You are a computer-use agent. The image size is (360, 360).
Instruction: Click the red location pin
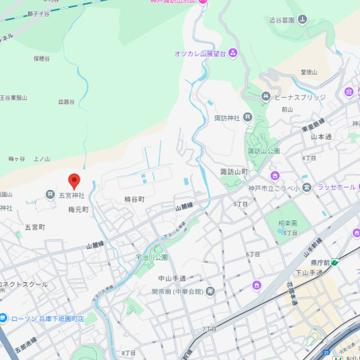coord(74,181)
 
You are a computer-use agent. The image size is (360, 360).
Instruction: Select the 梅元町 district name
coord(78,210)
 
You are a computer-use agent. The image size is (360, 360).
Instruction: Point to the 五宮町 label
coord(35,226)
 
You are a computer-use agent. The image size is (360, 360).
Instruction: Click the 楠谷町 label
coord(134,199)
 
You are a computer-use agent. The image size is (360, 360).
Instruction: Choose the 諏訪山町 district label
coord(234,172)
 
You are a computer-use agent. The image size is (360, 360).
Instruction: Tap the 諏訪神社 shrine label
coord(227,118)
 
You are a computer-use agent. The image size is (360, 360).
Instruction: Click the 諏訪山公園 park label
coord(264,150)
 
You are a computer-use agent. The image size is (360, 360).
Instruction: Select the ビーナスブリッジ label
coord(300,97)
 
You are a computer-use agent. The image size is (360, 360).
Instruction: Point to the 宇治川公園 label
coord(152,257)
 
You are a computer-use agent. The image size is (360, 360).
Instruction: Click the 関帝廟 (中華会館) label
coord(177,291)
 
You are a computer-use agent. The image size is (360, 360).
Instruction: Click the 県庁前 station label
coord(319,261)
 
